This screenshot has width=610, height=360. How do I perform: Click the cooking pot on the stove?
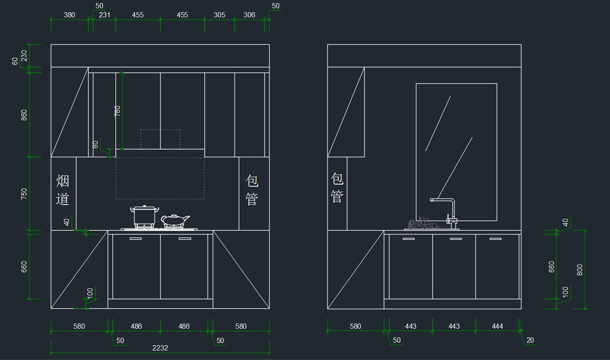tap(144, 217)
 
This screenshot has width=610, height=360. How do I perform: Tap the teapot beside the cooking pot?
tap(175, 221)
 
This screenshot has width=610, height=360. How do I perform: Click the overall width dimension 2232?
tap(160, 348)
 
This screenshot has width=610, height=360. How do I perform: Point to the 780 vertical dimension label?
tap(117, 111)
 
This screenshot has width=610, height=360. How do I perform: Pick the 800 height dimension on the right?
tap(580, 269)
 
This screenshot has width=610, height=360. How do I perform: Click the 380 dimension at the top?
tap(69, 15)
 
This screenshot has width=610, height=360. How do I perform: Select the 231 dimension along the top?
tap(105, 15)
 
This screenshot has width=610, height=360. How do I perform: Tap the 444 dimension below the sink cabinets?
tap(497, 326)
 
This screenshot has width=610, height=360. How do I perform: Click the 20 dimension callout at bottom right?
tap(530, 340)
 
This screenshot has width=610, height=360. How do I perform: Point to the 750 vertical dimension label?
tap(24, 194)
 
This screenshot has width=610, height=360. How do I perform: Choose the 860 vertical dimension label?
tap(24, 115)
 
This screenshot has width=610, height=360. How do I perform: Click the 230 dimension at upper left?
tap(24, 55)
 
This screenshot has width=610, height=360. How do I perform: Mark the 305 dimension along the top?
tap(219, 15)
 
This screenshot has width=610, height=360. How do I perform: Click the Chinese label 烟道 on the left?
tap(63, 190)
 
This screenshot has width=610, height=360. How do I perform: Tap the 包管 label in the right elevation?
tap(337, 188)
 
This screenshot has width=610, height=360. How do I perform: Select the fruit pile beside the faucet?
tap(423, 223)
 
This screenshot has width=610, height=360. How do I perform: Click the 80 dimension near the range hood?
tap(95, 144)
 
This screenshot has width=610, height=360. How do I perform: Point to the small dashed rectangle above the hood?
tap(161, 139)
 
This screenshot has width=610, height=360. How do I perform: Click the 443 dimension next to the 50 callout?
tap(410, 326)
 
